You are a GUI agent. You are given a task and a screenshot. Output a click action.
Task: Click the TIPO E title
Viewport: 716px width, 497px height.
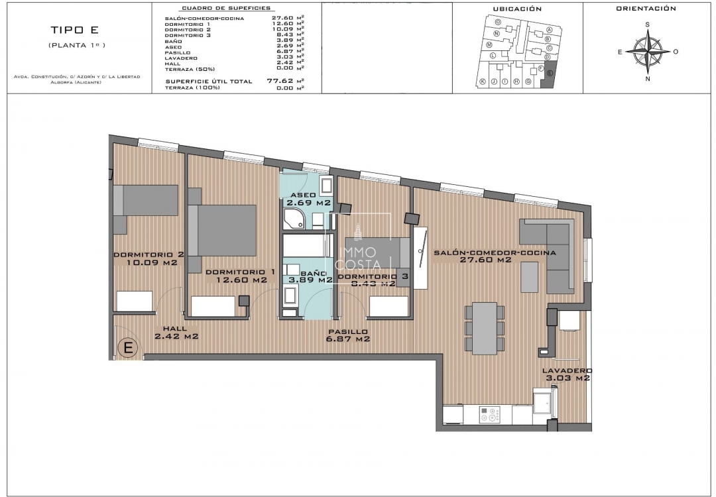click(x=76, y=30)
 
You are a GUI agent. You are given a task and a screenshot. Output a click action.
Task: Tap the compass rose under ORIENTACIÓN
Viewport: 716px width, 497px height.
click(x=648, y=52)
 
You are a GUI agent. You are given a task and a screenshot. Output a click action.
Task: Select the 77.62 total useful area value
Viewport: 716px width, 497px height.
click(x=280, y=81)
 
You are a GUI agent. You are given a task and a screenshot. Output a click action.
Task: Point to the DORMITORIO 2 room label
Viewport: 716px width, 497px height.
click(x=148, y=258)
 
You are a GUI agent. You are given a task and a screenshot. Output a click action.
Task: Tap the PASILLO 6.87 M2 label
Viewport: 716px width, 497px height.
click(x=347, y=335)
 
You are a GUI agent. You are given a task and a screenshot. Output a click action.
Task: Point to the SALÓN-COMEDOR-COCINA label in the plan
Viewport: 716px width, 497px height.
click(x=494, y=256)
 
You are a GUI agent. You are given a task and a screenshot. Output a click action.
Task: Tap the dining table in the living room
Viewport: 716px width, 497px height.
click(x=485, y=327)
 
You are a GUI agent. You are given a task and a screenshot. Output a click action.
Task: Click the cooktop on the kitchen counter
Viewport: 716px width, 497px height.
click(x=491, y=414)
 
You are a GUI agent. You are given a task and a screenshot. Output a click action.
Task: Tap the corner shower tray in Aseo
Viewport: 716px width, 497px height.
click(x=292, y=219)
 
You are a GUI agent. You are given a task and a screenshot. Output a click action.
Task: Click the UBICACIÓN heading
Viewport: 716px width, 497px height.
click(x=517, y=9)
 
